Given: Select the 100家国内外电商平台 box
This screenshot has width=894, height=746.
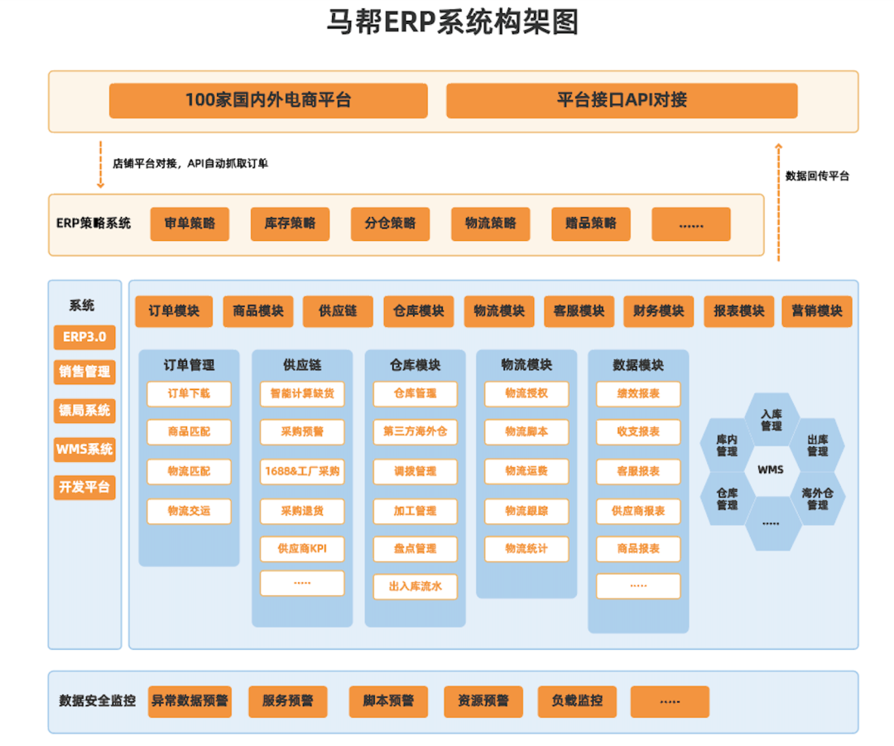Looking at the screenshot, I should coord(268,100).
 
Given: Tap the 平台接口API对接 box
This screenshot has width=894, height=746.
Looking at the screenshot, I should coord(622,100).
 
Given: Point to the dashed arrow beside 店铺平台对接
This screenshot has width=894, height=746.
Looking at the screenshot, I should coord(101,165).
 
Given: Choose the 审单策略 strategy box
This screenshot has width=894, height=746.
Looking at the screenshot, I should coord(190,224).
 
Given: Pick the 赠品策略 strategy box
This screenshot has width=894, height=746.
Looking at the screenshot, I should coord(591,224).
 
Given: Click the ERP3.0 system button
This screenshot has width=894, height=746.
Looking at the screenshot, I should coord(84,337).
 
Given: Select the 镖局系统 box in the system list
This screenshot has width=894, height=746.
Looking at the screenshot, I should coord(84,410).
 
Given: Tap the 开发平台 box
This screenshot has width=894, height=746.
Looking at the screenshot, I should coord(84,487).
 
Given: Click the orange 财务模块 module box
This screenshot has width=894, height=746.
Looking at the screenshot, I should coord(658,311).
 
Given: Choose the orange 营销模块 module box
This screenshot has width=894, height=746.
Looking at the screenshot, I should coord(816,311).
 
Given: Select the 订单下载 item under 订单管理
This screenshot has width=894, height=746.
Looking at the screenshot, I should coord(189,393).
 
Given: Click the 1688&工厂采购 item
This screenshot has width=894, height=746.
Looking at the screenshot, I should coord(302,471).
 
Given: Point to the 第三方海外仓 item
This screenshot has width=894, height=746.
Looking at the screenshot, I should coord(415,431).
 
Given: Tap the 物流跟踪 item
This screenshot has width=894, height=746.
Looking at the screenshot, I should coord(526,510).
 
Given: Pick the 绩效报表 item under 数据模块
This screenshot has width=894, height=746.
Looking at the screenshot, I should coord(638,393).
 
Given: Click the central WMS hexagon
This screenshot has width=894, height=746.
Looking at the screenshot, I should coord(771,470).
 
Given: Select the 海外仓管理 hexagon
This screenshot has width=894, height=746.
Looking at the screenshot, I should coord(817,498).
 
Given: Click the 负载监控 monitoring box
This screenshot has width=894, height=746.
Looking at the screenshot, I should coord(577,701).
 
